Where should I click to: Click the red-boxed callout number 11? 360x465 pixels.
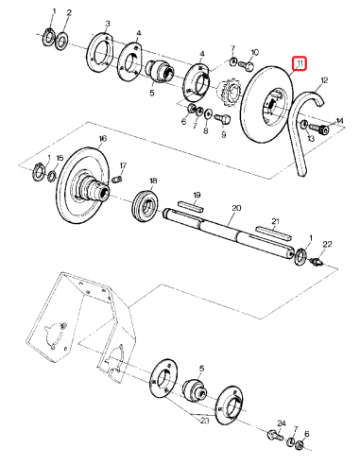pyautogui.click(x=300, y=64)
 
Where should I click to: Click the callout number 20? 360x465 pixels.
pyautogui.click(x=236, y=207)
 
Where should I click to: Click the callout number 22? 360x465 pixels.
pyautogui.click(x=328, y=244)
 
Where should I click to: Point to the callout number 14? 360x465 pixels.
pyautogui.click(x=340, y=120)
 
